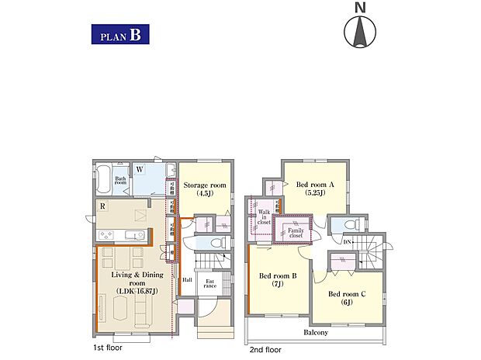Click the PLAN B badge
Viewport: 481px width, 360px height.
point(119,35)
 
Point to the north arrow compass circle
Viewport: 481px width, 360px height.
point(359,32)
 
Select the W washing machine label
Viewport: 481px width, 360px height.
point(139,168)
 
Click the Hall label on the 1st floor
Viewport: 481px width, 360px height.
point(187,280)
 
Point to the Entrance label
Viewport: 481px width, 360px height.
point(210,283)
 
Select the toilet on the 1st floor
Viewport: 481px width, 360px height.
point(216,243)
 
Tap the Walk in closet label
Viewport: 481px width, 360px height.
point(264,216)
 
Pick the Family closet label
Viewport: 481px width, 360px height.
point(296,231)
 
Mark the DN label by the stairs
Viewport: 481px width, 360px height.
point(348,241)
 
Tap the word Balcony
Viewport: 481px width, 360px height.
point(316,332)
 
